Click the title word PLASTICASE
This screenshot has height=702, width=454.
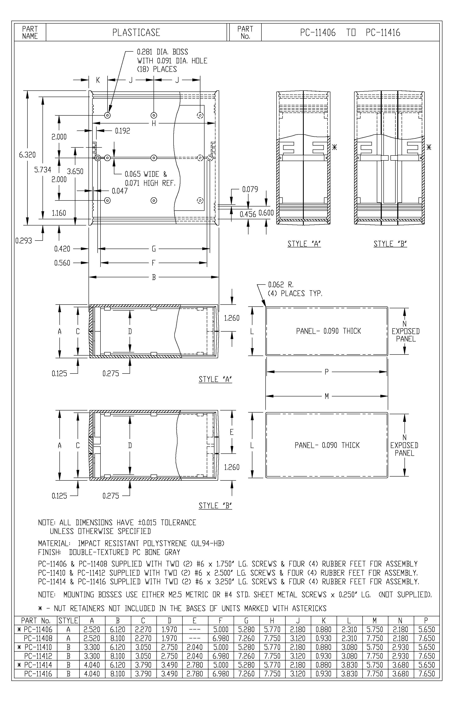136,32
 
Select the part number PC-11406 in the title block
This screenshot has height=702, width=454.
318,32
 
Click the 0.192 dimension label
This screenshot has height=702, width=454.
122,131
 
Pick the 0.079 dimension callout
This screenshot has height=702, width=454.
250,189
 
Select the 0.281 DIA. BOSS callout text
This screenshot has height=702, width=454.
162,52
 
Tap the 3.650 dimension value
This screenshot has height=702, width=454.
75,171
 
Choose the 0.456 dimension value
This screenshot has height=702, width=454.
248,214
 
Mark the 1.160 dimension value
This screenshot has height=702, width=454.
59,213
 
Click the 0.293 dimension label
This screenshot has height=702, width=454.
24,241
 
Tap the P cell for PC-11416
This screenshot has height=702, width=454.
426,674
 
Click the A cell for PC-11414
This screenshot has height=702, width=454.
92,665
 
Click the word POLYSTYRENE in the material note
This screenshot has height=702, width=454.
165,543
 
